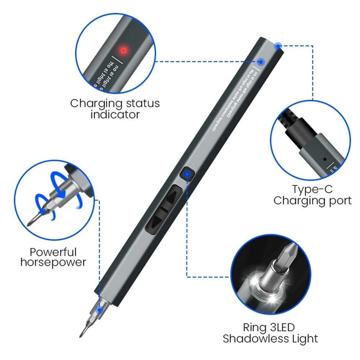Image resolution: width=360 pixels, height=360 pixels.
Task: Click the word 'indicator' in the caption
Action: click(115, 114)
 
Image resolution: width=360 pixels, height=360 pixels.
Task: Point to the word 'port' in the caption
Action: click(338, 201)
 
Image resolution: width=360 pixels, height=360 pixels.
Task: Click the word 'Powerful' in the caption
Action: click(54, 252)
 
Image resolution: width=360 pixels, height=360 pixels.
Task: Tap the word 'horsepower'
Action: click(54, 262)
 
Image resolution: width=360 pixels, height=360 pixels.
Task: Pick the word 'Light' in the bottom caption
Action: click(304, 338)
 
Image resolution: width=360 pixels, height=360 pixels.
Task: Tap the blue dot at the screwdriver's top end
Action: click(278, 44)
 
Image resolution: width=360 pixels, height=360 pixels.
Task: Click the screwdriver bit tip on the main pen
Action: click(82, 333)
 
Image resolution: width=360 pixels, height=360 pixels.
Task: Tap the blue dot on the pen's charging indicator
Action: click(261, 62)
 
